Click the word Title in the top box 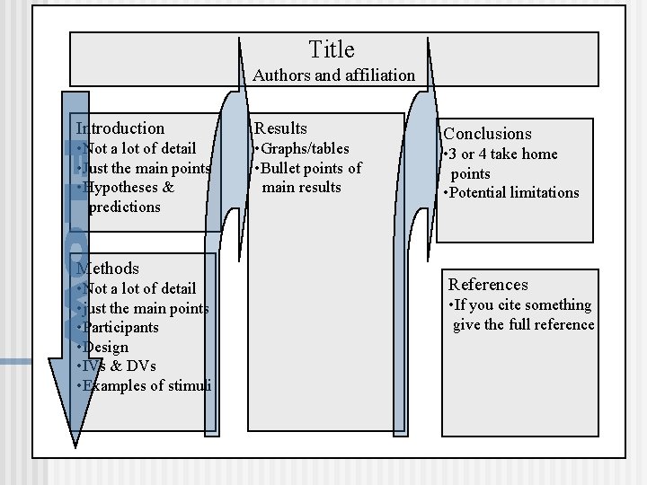pyautogui.click(x=332, y=49)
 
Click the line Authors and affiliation pyautogui.click(x=333, y=75)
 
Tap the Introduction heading pyautogui.click(x=120, y=128)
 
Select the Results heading pyautogui.click(x=281, y=128)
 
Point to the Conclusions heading pyautogui.click(x=487, y=133)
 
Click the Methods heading pyautogui.click(x=108, y=268)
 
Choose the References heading pyautogui.click(x=488, y=285)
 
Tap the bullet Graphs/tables pyautogui.click(x=302, y=148)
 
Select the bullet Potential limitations pyautogui.click(x=512, y=192)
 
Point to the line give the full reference pyautogui.click(x=523, y=324)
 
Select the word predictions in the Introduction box pyautogui.click(x=124, y=207)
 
